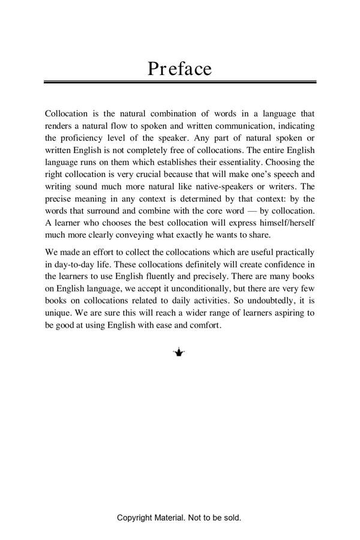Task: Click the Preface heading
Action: pyautogui.click(x=179, y=68)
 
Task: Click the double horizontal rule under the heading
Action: pyautogui.click(x=179, y=82)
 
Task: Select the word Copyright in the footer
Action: pyautogui.click(x=135, y=517)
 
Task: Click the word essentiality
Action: pyautogui.click(x=238, y=162)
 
